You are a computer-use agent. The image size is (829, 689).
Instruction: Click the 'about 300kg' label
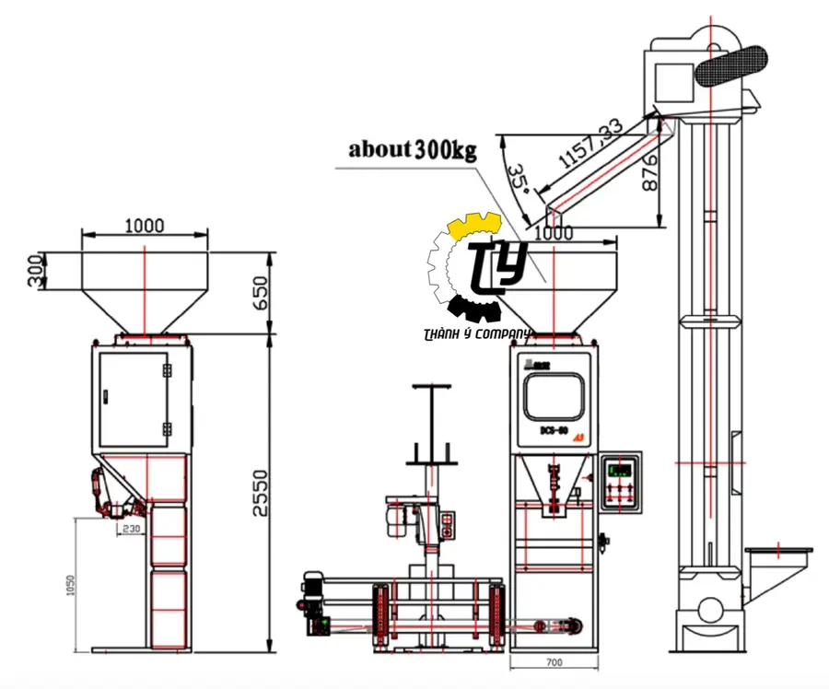412,149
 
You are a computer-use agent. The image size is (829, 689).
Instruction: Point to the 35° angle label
519,181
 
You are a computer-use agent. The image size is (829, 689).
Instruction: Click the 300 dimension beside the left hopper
36,268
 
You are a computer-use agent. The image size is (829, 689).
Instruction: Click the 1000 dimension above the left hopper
144,225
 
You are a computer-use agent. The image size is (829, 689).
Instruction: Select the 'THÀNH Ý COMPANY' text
478,334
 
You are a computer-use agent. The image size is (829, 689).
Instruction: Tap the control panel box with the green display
620,481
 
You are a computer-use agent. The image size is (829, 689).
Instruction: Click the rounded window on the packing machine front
553,397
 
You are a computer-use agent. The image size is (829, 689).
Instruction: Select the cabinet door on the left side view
134,398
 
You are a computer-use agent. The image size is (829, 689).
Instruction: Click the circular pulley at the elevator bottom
709,610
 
